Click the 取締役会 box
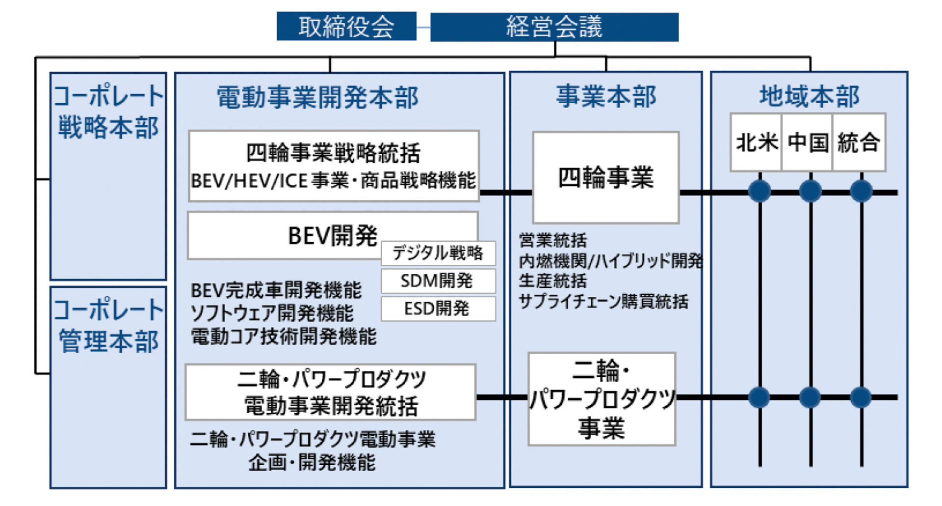point(346,27)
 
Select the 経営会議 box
point(554,27)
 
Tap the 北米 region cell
point(756,142)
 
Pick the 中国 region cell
point(808,142)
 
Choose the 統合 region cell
point(859,142)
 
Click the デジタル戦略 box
point(438,253)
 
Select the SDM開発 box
point(438,281)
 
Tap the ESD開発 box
point(438,309)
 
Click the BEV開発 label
point(333,236)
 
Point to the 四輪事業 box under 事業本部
point(605,177)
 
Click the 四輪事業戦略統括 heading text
point(333,153)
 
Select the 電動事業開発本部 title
point(317,97)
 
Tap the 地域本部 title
point(809,96)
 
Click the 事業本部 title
point(606,96)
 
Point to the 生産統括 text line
point(553,281)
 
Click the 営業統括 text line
point(553,240)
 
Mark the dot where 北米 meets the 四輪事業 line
point(759,192)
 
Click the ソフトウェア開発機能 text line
point(272,313)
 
